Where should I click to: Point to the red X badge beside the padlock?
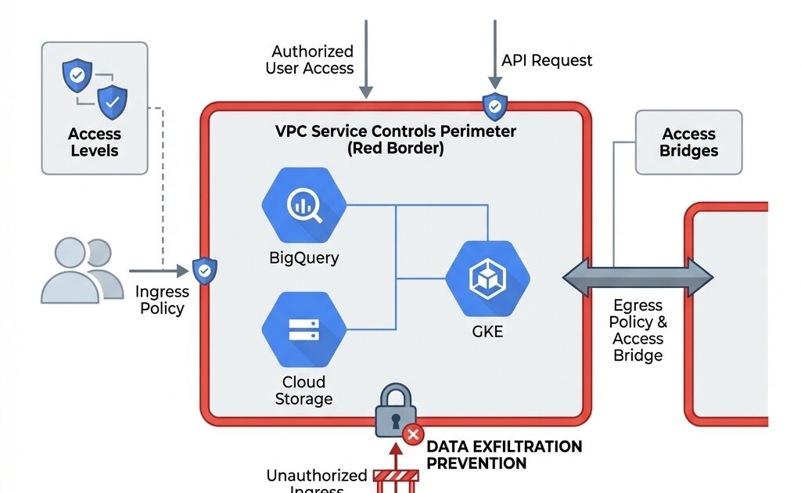(413, 434)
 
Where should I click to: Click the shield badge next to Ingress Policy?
(205, 270)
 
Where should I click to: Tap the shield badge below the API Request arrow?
(494, 106)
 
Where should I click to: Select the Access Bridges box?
(688, 142)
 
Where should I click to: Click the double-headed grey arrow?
(638, 277)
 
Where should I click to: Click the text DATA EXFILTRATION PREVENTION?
(504, 455)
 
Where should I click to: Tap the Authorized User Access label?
(312, 59)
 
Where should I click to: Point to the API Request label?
(547, 60)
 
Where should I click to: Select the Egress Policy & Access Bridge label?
(638, 330)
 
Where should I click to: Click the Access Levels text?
(95, 142)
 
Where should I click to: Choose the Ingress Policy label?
(162, 300)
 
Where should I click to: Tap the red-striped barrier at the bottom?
(396, 478)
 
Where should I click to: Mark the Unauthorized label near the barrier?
(317, 476)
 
